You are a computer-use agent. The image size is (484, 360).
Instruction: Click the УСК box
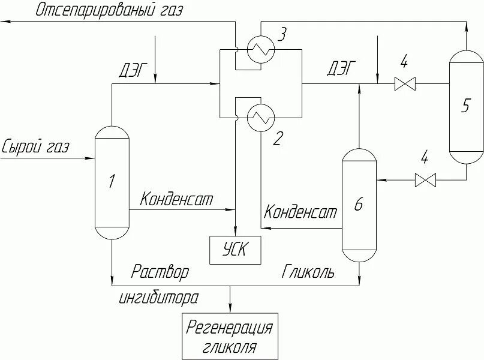coord(235,250)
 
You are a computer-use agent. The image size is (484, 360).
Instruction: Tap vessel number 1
coord(112,182)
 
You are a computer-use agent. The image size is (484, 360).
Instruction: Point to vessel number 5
coord(466,106)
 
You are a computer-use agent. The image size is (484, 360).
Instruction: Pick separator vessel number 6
coord(359,205)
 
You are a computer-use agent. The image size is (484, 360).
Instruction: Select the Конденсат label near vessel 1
coord(176,199)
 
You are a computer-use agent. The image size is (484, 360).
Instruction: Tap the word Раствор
coord(160,272)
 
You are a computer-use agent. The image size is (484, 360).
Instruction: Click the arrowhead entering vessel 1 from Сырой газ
coord(92,158)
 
